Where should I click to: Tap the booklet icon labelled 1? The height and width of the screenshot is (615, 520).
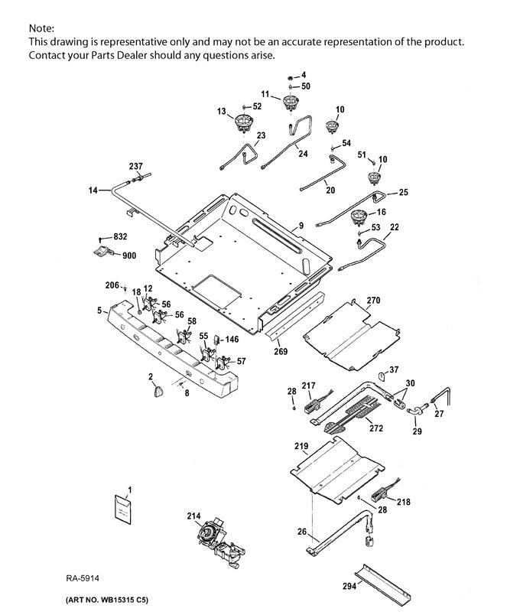point(122,508)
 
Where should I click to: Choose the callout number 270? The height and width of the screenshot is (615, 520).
point(372,300)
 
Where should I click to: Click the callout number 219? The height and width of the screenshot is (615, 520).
point(301,444)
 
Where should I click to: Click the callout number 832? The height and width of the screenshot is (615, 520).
point(120,237)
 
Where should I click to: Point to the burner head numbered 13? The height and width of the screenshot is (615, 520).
point(244,122)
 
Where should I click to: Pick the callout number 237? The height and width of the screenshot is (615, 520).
point(135,166)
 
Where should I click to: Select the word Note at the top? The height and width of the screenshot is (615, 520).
point(40,27)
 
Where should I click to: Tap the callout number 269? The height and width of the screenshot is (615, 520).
point(281,352)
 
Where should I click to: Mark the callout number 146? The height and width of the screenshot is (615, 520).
point(232,338)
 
